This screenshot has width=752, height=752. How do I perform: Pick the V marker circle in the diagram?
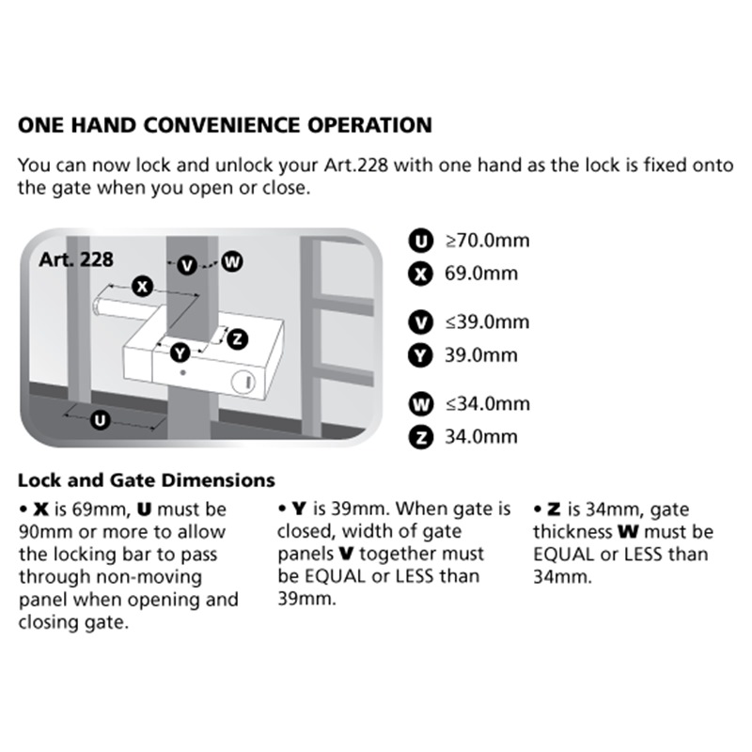click(x=187, y=265)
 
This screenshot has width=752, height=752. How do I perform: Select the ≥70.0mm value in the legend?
click(x=487, y=241)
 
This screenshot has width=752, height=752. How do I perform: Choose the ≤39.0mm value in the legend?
click(x=487, y=322)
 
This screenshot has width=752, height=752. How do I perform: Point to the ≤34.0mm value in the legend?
click(x=487, y=404)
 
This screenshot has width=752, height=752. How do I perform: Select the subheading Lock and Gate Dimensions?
click(x=147, y=480)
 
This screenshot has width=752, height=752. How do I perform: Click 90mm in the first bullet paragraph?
click(x=40, y=533)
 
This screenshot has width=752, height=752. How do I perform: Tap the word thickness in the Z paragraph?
click(x=573, y=533)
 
